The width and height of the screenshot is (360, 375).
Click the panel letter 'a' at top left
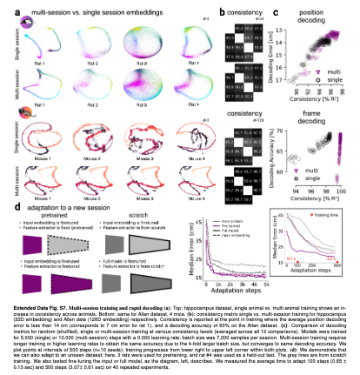8,7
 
